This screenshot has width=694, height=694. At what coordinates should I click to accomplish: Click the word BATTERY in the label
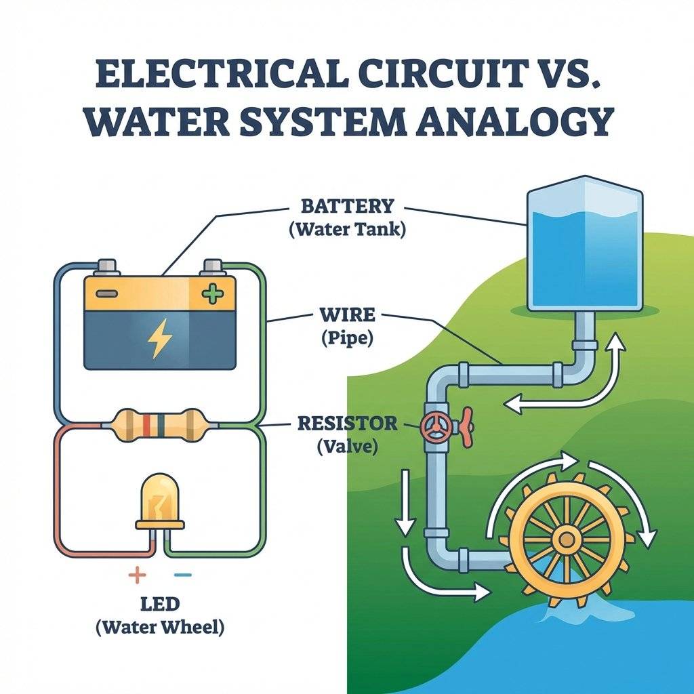(347, 205)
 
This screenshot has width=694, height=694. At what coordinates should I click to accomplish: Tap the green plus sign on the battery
(212, 293)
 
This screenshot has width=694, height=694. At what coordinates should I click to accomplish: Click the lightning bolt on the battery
(159, 339)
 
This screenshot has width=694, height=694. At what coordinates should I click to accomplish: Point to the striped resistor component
(160, 424)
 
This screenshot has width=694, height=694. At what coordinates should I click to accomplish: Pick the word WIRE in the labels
(346, 316)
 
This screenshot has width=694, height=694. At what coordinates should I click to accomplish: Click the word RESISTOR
(347, 424)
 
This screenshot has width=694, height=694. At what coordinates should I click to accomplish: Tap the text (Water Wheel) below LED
(160, 627)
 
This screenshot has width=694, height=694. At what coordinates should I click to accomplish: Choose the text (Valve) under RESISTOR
(347, 447)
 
